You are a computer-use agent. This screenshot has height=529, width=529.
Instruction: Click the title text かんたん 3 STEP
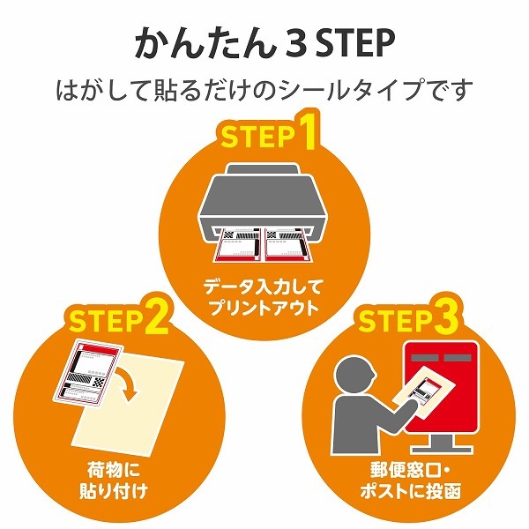(264, 44)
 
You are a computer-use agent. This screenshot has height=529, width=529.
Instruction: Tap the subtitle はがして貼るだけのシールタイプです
(264, 90)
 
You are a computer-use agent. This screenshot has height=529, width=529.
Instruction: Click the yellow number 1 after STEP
(306, 131)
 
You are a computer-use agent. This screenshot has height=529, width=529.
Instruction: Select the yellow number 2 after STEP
(157, 317)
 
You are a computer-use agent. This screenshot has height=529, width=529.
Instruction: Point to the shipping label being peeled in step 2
(88, 375)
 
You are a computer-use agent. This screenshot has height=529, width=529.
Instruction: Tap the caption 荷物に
(114, 470)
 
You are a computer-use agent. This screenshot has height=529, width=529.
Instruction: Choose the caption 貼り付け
(114, 491)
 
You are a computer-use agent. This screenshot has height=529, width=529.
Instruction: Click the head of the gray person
(354, 374)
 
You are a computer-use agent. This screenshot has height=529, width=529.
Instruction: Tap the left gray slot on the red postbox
(425, 358)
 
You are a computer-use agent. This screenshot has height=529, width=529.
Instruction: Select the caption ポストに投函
(410, 491)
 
